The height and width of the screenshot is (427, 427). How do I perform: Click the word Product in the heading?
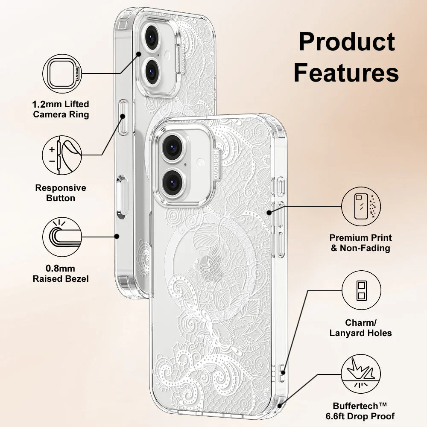pyautogui.click(x=347, y=42)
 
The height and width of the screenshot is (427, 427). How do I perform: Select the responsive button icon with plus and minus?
pyautogui.click(x=62, y=155)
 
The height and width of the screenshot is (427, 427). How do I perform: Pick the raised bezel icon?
pyautogui.click(x=62, y=237)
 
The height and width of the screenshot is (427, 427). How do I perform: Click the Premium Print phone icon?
pyautogui.click(x=361, y=206)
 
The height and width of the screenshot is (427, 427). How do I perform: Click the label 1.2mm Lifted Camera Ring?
pyautogui.click(x=61, y=109)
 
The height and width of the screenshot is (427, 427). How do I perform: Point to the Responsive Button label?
pyautogui.click(x=61, y=193)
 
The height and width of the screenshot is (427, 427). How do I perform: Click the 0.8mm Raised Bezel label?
pyautogui.click(x=61, y=274)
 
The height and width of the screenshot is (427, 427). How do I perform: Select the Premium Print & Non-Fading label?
pyautogui.click(x=361, y=243)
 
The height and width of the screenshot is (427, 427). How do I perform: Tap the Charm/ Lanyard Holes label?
pyautogui.click(x=361, y=328)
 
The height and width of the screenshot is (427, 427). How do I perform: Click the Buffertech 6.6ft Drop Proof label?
pyautogui.click(x=364, y=411)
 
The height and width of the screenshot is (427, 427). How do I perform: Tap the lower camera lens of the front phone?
pyautogui.click(x=173, y=181)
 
